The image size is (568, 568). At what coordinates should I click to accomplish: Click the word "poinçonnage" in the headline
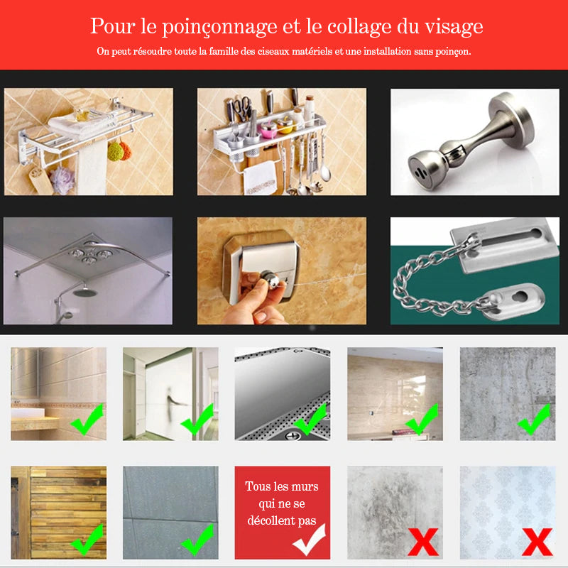click(219, 27)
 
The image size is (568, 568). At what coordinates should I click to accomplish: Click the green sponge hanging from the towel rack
click(114, 151)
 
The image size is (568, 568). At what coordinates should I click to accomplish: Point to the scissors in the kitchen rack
click(241, 108)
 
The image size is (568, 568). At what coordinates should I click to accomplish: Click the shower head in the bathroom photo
click(84, 291)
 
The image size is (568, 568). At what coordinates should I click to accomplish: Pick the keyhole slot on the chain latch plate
click(520, 296)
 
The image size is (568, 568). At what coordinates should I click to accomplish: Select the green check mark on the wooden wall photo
click(87, 540)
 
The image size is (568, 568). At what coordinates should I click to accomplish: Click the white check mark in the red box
click(309, 540)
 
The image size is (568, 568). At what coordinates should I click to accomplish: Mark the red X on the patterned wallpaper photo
click(537, 542)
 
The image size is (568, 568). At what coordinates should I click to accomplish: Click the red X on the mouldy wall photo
click(423, 542)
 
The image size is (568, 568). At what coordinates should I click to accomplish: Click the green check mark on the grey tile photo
click(197, 540)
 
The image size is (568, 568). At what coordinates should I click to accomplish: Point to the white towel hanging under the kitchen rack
click(259, 178)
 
